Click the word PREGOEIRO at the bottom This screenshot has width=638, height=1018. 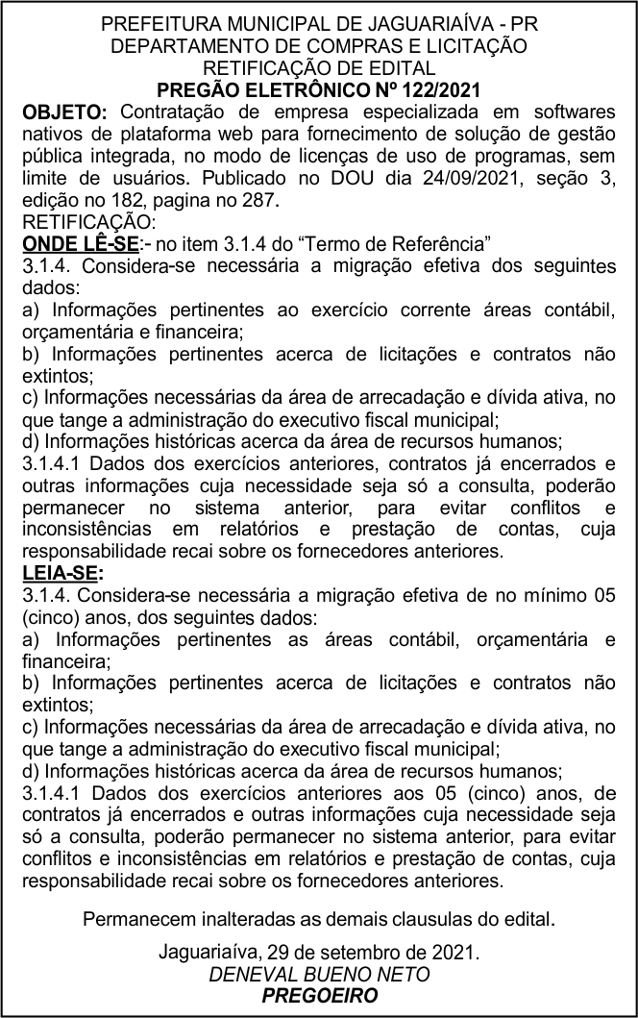click(x=320, y=997)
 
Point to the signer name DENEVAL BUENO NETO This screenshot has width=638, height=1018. click(x=319, y=975)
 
